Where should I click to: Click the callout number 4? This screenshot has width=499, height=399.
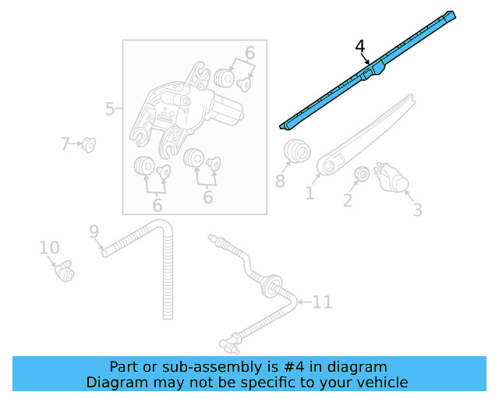pyautogui.click(x=359, y=48)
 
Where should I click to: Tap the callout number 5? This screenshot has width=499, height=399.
pyautogui.click(x=110, y=109)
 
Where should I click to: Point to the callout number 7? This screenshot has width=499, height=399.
pyautogui.click(x=65, y=143)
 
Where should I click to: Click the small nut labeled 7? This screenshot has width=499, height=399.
pyautogui.click(x=88, y=145)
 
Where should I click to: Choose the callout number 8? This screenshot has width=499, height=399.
pyautogui.click(x=280, y=182)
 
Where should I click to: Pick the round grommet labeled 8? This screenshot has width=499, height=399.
pyautogui.click(x=296, y=150)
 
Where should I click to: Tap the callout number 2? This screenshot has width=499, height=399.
pyautogui.click(x=349, y=201)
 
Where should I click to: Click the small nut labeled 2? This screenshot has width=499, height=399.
pyautogui.click(x=361, y=175)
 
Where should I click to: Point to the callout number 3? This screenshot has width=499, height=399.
pyautogui.click(x=417, y=210)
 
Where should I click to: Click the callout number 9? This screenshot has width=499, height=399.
pyautogui.click(x=94, y=231)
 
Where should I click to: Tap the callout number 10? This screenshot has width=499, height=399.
pyautogui.click(x=49, y=248)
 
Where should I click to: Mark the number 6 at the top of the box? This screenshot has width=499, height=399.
pyautogui.click(x=249, y=53)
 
